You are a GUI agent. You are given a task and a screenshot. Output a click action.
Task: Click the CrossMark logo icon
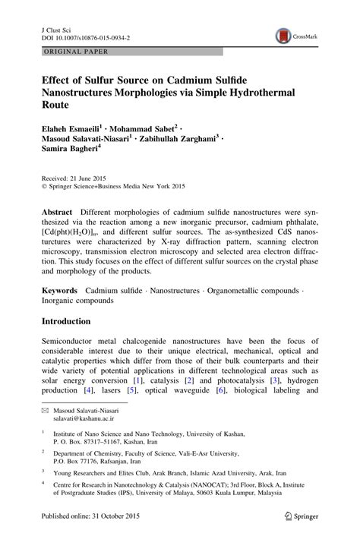pos(283,35)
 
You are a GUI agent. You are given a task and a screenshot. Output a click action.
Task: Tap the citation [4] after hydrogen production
pos(89,390)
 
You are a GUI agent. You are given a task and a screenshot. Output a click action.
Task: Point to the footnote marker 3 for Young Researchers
pos(43,469)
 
